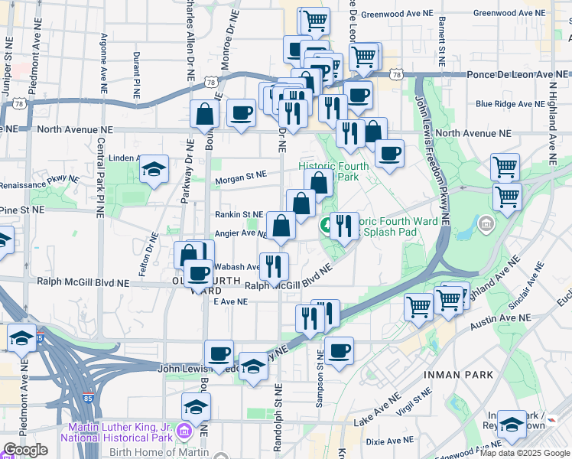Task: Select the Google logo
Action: coord(25,450)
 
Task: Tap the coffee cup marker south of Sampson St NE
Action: coord(339,350)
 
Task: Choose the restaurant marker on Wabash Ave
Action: coord(274,265)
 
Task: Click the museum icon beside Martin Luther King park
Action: coord(183,431)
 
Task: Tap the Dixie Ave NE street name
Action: coord(389,441)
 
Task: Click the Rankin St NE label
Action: coord(239,215)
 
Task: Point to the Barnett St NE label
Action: coord(441,39)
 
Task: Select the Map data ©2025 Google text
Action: coord(525,453)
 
